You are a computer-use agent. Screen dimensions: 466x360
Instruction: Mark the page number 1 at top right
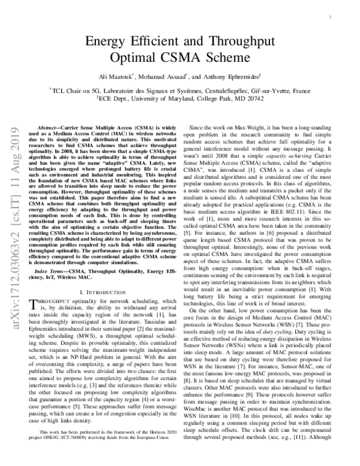(x=331, y=19)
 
